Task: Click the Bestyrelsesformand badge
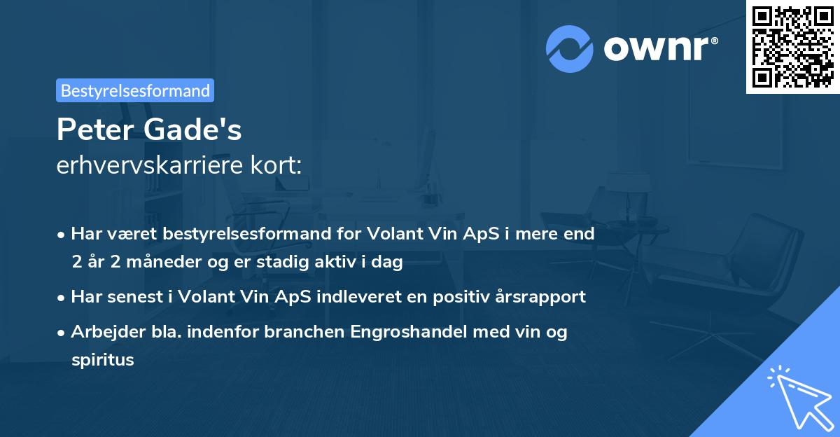point(134,90)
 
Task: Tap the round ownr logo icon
point(570,48)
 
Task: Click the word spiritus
point(102,360)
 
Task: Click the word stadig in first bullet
point(302,263)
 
